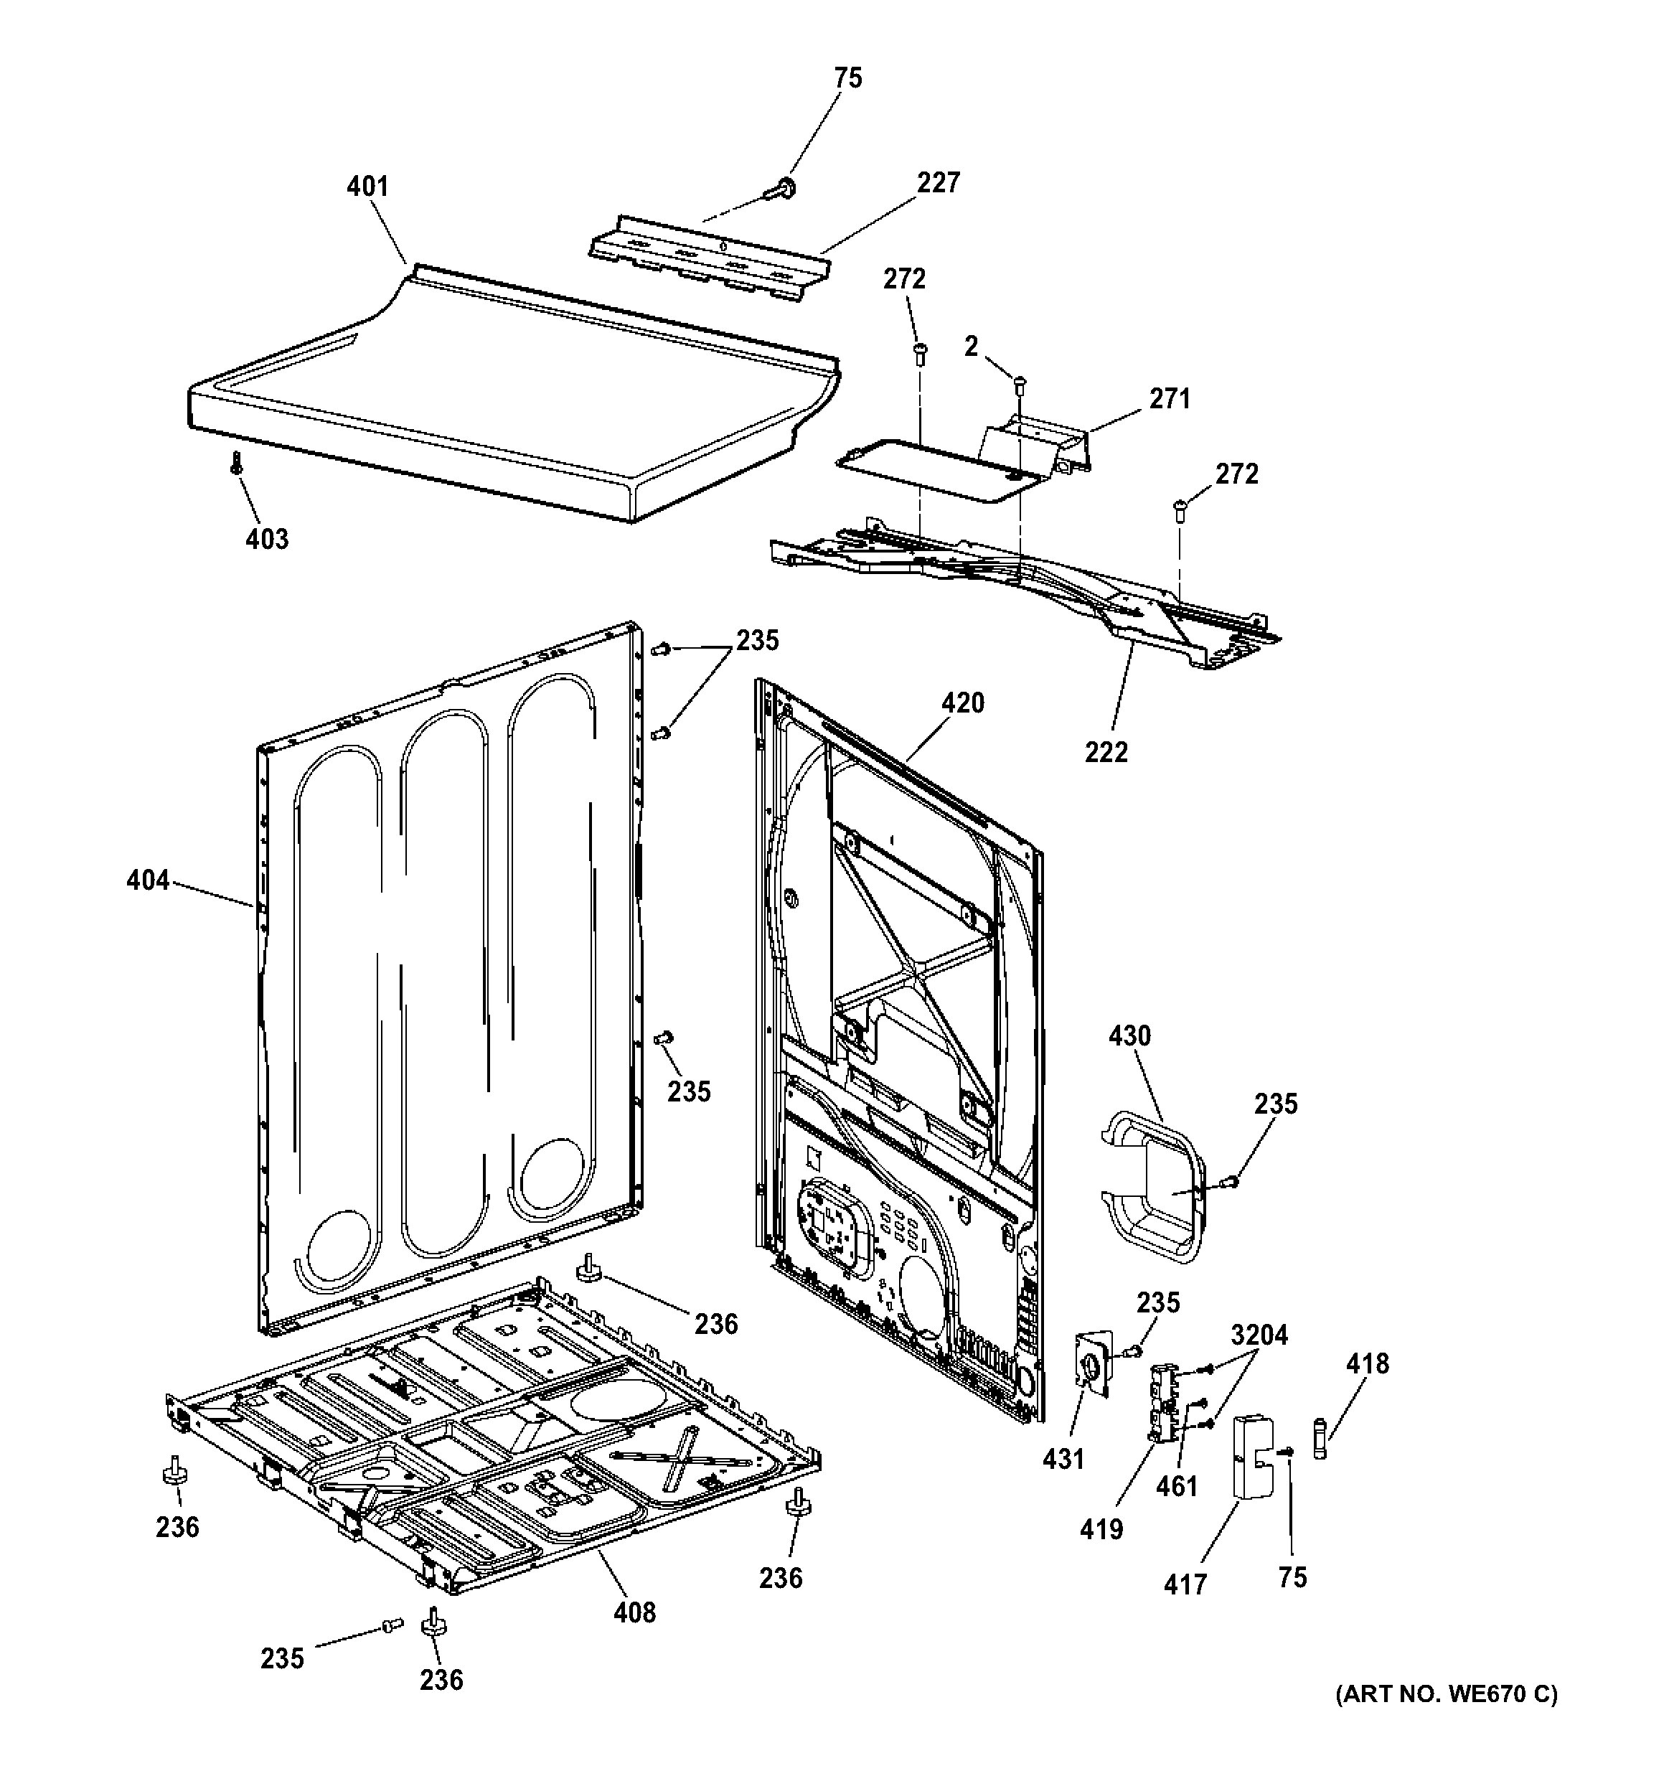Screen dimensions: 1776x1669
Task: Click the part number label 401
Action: point(367,187)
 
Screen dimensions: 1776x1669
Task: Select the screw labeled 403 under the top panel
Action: point(237,462)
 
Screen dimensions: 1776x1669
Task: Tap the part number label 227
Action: point(937,182)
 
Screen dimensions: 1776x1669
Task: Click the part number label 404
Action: point(147,881)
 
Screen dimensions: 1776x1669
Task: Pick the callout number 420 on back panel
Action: point(962,703)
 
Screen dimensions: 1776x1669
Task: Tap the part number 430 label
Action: point(1129,1036)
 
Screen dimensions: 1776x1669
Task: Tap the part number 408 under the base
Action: point(634,1612)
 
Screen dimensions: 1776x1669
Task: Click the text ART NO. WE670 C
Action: point(1446,1720)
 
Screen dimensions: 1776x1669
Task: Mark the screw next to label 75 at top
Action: point(784,189)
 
